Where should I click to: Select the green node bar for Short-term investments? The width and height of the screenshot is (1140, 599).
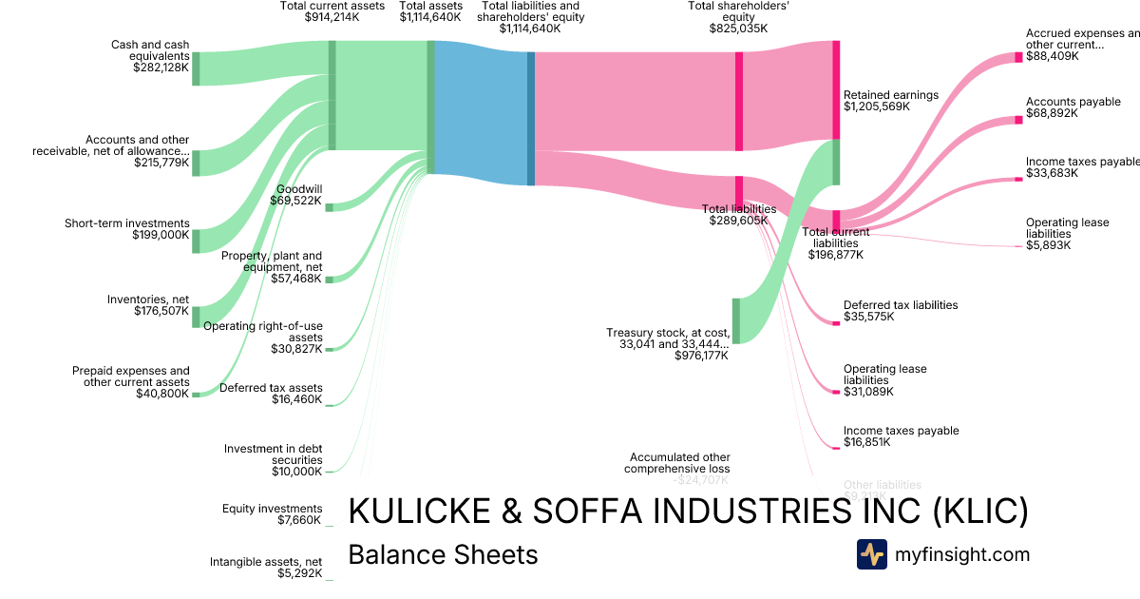pos(197,241)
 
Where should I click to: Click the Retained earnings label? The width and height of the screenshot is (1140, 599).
pos(890,95)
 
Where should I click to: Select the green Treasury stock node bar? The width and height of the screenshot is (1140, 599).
pos(735,320)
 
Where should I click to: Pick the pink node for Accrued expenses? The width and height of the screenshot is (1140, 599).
pos(1019,57)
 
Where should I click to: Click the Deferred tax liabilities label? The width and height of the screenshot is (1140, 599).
pos(901,305)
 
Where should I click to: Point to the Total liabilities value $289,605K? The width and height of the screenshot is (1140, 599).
pos(738,221)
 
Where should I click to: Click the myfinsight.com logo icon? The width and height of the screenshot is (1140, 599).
pos(871,554)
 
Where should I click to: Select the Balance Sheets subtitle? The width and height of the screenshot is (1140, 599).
pos(443,555)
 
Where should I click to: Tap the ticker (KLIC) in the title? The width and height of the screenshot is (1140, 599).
pos(980,512)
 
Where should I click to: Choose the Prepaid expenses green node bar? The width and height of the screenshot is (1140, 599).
pos(197,394)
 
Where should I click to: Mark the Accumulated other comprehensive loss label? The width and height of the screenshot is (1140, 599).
pos(676,463)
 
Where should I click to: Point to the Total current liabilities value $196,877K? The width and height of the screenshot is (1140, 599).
pos(835,255)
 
